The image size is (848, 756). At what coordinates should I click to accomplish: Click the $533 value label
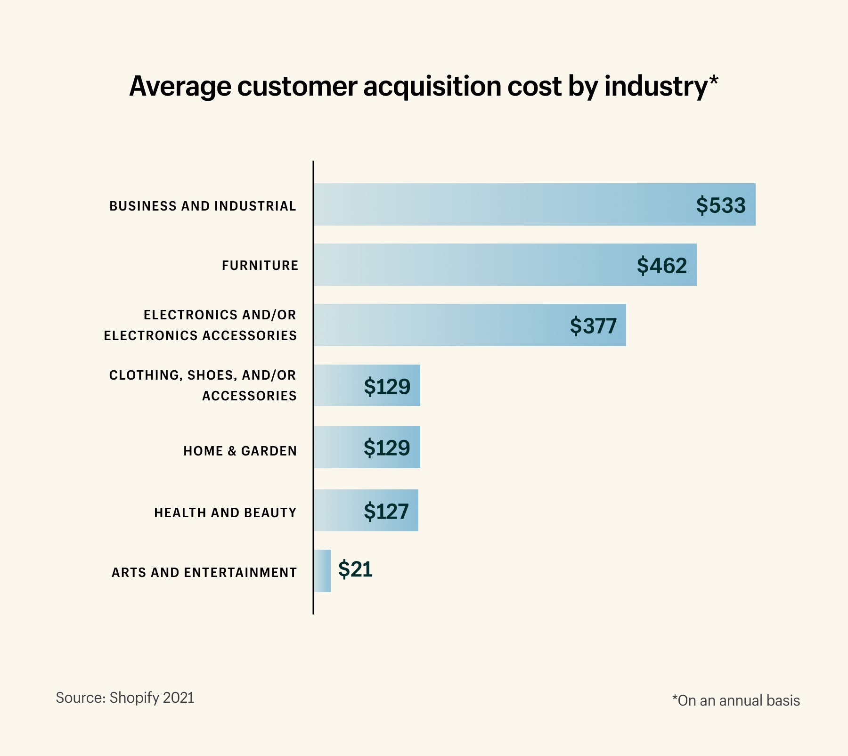721,205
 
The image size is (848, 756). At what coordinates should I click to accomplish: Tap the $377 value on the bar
593,326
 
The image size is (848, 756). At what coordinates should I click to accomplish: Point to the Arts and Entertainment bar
322,571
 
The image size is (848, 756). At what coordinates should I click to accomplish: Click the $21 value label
355,569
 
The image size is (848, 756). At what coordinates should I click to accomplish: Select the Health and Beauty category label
225,512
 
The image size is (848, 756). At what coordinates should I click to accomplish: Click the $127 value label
386,512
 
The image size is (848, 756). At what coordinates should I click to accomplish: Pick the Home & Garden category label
240,451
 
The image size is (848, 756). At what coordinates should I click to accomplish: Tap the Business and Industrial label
203,206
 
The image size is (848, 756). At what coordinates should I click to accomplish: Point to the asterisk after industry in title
714,80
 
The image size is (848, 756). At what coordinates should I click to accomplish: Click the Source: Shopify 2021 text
125,698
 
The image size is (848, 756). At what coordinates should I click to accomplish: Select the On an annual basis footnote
736,701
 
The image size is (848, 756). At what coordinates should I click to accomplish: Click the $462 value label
661,266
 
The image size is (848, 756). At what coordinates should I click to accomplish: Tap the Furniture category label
260,266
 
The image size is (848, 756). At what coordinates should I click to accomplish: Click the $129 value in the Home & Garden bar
386,447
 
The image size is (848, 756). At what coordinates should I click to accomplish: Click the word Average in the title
180,87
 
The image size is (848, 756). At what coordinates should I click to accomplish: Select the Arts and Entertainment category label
204,573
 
